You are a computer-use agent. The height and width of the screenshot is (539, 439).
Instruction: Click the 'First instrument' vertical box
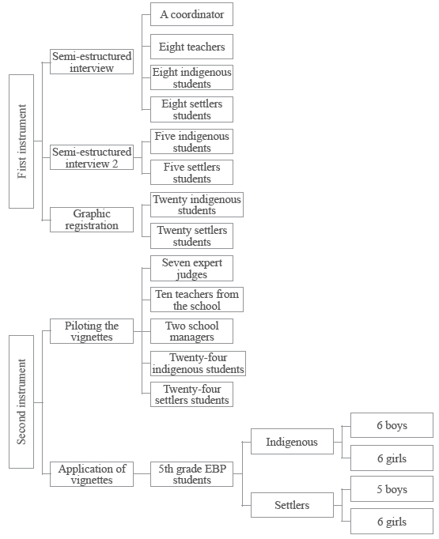click(21, 141)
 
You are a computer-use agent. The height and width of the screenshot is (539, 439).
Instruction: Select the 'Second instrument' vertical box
click(21, 401)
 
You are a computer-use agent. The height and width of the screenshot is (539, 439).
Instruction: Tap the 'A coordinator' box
click(191, 15)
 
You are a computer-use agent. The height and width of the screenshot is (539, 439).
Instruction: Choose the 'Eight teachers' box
click(191, 47)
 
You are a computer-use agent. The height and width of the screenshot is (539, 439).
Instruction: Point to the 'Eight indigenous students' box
click(191, 77)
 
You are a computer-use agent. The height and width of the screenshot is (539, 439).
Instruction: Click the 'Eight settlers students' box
click(191, 109)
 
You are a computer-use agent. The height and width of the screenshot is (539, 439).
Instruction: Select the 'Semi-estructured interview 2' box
click(92, 157)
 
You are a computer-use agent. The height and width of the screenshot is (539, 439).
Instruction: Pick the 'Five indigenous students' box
click(191, 141)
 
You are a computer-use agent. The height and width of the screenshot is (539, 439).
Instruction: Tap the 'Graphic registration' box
click(92, 220)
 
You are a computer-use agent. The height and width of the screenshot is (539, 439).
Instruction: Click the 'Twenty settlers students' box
click(191, 236)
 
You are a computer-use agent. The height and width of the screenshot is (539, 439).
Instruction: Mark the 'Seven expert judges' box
click(191, 268)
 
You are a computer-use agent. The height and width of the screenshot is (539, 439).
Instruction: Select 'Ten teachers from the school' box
click(196, 300)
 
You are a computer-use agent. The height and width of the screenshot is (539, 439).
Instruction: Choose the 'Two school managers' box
click(191, 331)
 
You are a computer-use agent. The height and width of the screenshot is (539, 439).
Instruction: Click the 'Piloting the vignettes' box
click(92, 331)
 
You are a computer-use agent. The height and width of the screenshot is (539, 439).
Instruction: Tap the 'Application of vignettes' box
click(92, 474)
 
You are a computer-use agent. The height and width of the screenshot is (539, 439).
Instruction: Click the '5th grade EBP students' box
click(191, 474)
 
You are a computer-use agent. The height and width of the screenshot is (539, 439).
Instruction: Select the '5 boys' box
click(392, 489)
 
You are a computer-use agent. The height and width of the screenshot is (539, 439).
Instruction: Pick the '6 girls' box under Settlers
click(392, 522)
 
